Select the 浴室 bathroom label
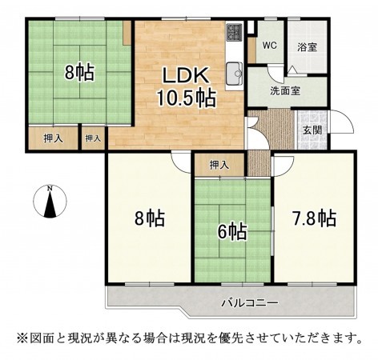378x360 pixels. point(307,46)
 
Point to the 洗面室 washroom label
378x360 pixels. point(284,90)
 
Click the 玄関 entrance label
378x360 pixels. point(312,130)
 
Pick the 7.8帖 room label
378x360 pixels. point(314,218)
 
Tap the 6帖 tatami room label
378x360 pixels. point(233,231)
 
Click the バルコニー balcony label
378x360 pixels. point(249,303)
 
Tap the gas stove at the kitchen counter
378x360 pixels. point(235,33)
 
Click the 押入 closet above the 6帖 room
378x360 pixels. point(219,165)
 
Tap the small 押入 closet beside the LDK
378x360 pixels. point(94,138)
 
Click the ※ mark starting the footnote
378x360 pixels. point(21,337)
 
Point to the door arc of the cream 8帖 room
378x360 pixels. point(181,161)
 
